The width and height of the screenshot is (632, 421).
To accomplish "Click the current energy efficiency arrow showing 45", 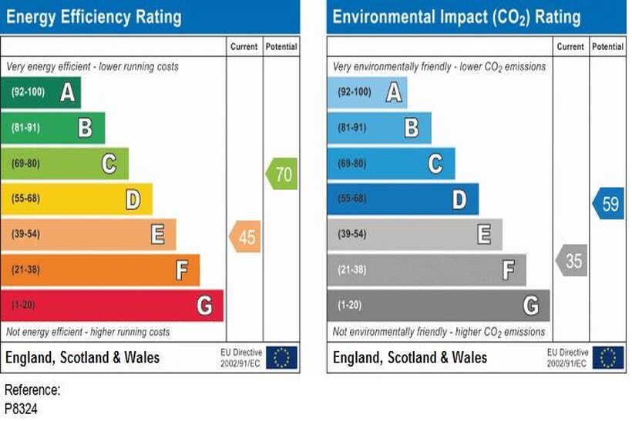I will (245, 237).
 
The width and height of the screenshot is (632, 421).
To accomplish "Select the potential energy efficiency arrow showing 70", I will (282, 174).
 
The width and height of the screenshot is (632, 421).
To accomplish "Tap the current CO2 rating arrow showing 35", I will (572, 261).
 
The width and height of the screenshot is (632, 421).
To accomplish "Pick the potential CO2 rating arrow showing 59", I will (609, 205).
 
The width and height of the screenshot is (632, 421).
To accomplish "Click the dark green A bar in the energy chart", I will (40, 93).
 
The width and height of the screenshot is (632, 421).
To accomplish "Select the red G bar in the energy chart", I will (112, 306).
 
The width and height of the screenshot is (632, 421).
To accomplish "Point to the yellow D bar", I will (76, 199).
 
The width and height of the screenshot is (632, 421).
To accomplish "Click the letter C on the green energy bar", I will (109, 163).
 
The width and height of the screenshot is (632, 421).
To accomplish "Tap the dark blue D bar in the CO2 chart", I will (402, 199).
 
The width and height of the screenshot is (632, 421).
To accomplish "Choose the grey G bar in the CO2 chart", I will (438, 306).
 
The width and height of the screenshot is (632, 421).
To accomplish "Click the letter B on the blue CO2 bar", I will (412, 128).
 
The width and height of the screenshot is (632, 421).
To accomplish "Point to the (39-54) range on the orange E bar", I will (27, 234).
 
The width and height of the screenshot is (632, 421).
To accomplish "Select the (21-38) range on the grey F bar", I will (354, 269).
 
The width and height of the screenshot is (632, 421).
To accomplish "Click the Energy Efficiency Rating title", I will (94, 17).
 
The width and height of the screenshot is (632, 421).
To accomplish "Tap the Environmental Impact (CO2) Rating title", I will (456, 17).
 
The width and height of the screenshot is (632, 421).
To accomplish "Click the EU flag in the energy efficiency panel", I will (282, 357).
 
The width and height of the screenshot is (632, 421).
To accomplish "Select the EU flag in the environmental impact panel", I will (609, 357).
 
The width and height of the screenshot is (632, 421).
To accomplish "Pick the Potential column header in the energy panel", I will (281, 47).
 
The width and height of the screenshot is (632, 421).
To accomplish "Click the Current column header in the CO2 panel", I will (570, 47).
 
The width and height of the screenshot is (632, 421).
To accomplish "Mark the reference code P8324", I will (21, 408).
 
